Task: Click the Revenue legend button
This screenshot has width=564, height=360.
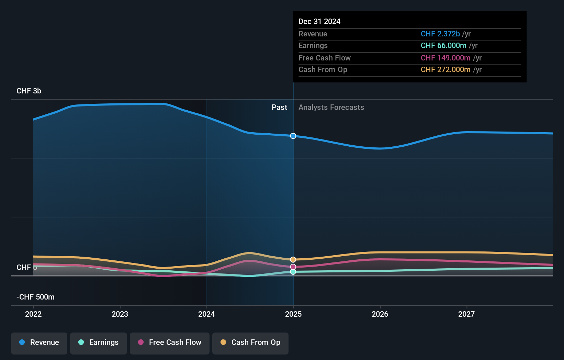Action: pyautogui.click(x=39, y=343)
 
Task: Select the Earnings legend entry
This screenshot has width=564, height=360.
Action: pyautogui.click(x=99, y=343)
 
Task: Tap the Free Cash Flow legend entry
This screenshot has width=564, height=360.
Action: pyautogui.click(x=170, y=343)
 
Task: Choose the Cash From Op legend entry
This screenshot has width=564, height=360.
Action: pyautogui.click(x=250, y=343)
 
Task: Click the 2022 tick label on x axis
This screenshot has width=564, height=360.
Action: pyautogui.click(x=33, y=314)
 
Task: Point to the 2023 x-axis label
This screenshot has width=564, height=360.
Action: pyautogui.click(x=120, y=314)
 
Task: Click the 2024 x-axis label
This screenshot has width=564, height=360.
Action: pyautogui.click(x=206, y=314)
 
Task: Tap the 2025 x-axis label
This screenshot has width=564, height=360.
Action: pyautogui.click(x=293, y=314)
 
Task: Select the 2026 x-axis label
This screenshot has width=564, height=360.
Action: pyautogui.click(x=380, y=314)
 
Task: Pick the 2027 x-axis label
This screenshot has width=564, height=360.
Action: pyautogui.click(x=466, y=314)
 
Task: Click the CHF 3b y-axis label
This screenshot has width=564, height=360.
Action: pyautogui.click(x=29, y=91)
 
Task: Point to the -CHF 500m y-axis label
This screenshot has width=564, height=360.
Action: pyautogui.click(x=35, y=297)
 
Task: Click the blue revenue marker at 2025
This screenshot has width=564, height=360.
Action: pyautogui.click(x=293, y=136)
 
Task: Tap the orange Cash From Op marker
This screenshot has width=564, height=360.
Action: pyautogui.click(x=293, y=260)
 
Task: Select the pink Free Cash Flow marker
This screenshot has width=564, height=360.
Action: pyautogui.click(x=293, y=267)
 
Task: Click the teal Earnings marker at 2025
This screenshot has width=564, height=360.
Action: pyautogui.click(x=293, y=272)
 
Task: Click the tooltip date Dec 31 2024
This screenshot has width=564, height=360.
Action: pyautogui.click(x=319, y=22)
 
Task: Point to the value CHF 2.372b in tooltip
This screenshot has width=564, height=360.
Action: pyautogui.click(x=440, y=34)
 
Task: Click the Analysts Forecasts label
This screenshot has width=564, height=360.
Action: pyautogui.click(x=331, y=108)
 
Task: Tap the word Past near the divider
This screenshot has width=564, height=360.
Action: pyautogui.click(x=279, y=108)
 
